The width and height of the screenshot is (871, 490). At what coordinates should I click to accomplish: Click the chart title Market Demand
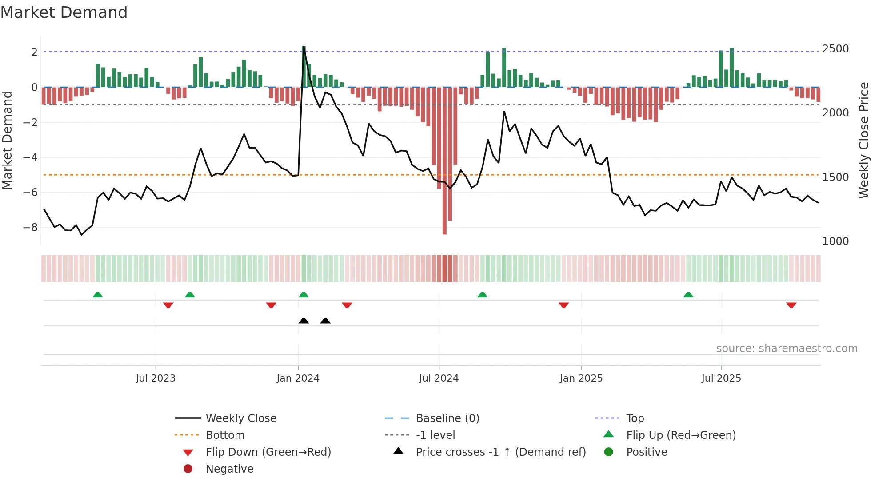pos(64,12)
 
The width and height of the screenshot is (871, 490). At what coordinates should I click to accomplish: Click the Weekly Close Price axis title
pos(863,140)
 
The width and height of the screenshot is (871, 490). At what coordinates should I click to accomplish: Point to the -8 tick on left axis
pos(30,228)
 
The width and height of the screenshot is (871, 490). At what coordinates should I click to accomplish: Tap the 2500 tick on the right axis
pos(835,49)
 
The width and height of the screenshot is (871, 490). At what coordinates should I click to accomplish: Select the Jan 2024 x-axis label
pos(298,378)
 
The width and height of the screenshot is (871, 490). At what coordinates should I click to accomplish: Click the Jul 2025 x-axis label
pos(721,378)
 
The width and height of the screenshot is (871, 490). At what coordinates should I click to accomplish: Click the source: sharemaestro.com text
pos(787,349)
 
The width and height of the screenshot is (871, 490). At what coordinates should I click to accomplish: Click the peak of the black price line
pos(304,47)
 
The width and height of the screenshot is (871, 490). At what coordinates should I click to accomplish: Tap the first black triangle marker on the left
pos(304,321)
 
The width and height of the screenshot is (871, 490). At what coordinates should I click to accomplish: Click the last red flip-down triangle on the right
pos(791,305)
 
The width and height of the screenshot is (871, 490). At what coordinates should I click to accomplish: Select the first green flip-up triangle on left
pos(98,295)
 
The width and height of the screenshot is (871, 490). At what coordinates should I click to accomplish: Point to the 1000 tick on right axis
pos(835,241)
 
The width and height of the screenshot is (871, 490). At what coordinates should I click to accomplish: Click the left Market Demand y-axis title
pos(7,140)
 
